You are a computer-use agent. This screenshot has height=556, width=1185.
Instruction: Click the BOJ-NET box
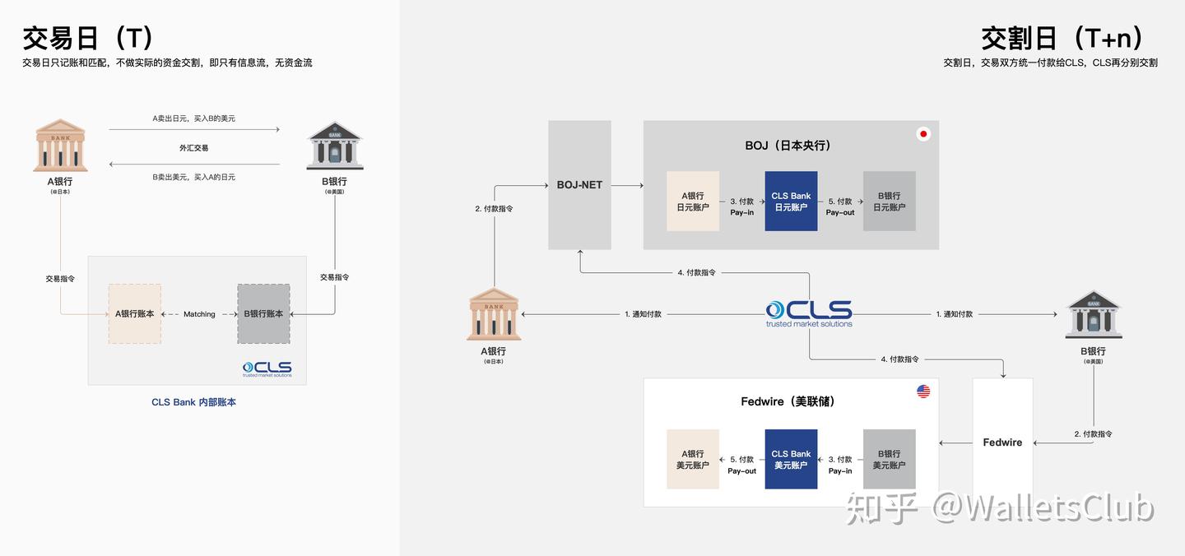pos(579,184)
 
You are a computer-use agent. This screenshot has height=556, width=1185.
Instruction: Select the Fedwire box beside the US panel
pos(1002,442)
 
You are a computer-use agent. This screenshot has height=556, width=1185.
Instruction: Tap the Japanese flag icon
pos(923,134)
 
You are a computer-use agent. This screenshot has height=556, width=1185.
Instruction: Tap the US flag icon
pos(923,392)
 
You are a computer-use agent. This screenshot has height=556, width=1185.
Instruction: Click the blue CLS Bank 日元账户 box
pos(791,202)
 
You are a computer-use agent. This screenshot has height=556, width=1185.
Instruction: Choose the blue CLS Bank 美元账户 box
pos(791,459)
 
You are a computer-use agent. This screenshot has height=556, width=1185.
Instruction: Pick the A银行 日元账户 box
pos(693,202)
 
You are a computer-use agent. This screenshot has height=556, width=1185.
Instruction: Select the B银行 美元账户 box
pos(889,459)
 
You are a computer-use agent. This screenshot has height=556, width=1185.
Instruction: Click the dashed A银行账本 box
pos(135,313)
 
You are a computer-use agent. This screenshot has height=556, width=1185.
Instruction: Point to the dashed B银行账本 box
pos(263,313)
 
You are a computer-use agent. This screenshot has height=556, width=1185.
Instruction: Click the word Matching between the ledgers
pos(199,314)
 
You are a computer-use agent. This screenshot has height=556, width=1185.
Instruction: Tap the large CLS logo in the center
pos(809,313)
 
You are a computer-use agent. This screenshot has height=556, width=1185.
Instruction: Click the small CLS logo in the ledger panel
pos(267,368)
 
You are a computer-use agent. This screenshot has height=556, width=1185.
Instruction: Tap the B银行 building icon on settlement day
pos(1093,315)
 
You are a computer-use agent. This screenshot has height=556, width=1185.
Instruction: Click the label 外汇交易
pos(193,148)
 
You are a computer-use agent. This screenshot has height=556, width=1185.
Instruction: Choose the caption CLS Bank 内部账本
pos(193,402)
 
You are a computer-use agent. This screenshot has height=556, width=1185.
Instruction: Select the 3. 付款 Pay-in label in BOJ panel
pos(741,206)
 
